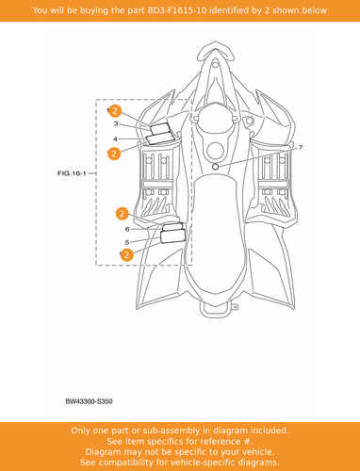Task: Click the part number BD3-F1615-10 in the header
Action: click(x=177, y=10)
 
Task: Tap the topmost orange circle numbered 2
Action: click(x=115, y=111)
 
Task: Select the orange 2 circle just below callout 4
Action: click(x=114, y=154)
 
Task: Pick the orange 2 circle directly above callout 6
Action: click(x=123, y=214)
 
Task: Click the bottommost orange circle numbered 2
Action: click(x=126, y=254)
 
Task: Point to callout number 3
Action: click(x=116, y=123)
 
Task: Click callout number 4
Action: click(x=115, y=138)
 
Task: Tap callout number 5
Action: click(x=127, y=242)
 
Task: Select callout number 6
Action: click(x=127, y=229)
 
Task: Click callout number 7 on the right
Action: click(x=301, y=147)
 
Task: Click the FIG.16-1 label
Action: click(x=72, y=173)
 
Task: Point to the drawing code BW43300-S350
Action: click(x=89, y=401)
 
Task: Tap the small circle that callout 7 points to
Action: click(x=215, y=167)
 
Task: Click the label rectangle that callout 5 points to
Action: click(x=172, y=235)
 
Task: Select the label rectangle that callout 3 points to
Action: click(x=160, y=128)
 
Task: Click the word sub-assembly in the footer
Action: click(x=164, y=430)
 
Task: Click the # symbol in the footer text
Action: click(x=248, y=442)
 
